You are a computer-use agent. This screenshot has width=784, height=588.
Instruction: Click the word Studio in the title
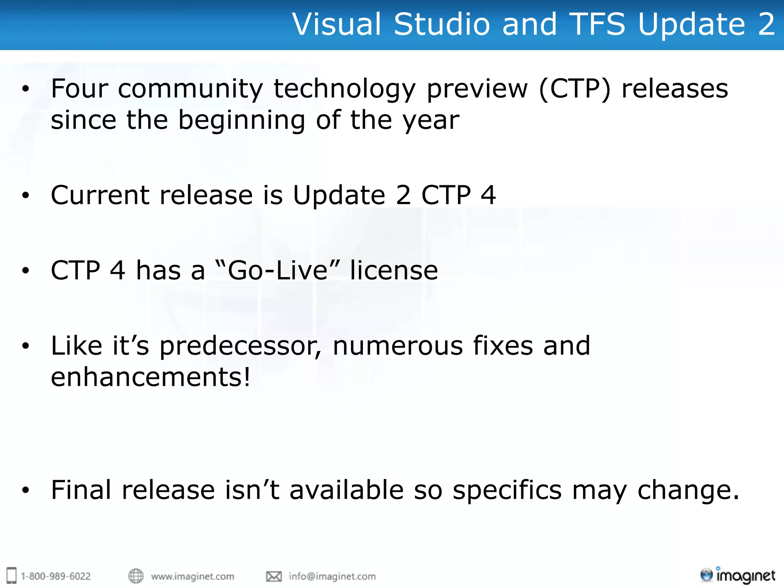point(442,24)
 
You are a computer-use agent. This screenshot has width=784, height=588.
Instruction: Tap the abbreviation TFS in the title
point(598,24)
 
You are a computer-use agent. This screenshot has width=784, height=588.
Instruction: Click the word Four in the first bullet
point(80,89)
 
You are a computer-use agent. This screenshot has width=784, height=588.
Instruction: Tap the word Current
point(100,195)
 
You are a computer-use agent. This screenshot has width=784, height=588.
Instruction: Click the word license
point(394,270)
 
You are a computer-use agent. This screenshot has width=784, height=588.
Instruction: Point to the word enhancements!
point(150,377)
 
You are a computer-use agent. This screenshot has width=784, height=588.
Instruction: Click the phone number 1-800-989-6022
point(56,577)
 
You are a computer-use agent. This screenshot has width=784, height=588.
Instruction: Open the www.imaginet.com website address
point(193,577)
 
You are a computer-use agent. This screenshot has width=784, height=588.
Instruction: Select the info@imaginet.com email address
point(332,577)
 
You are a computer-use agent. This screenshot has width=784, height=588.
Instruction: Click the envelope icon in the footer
point(274,576)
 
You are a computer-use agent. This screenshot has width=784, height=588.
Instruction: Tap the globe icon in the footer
point(136,576)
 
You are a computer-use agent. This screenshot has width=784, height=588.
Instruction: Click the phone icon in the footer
point(12,575)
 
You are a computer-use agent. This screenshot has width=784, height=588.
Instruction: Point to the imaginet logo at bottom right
point(738,575)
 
